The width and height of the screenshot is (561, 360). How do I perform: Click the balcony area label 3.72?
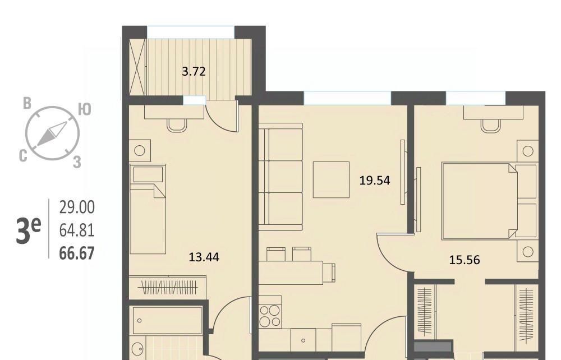(x=194, y=72)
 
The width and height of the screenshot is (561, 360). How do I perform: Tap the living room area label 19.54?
(x=375, y=181)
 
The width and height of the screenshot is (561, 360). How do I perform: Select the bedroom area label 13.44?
(x=204, y=257)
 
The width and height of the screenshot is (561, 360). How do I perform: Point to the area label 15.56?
(x=465, y=260)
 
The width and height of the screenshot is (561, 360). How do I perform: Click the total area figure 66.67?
(x=77, y=253)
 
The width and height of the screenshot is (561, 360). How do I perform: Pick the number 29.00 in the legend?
(x=77, y=207)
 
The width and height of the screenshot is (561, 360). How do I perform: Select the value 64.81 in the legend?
(x=77, y=230)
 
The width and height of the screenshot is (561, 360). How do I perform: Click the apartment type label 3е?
(x=28, y=230)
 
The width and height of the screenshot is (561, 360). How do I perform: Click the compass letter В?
(x=27, y=103)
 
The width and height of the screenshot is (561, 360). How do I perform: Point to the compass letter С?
(x=23, y=156)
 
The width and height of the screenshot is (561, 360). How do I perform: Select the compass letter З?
(x=77, y=162)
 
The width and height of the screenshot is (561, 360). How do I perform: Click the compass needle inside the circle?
(x=52, y=133)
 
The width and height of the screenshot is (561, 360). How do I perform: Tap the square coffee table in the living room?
(x=331, y=179)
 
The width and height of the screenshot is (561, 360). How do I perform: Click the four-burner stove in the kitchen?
(x=270, y=315)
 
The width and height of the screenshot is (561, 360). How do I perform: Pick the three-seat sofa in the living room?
(x=280, y=177)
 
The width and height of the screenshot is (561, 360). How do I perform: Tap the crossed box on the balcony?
(x=137, y=67)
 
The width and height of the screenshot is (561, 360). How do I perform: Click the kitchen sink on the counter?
(x=304, y=340)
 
